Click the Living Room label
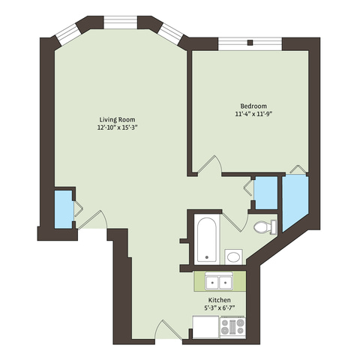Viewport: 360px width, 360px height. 117,119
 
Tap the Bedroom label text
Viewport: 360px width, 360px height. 253,106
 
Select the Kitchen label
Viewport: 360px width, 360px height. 220,300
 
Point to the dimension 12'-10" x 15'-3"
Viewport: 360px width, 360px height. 118,127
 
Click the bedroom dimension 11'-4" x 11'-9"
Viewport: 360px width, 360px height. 253,114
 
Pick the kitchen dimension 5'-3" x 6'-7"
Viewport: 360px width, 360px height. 220,307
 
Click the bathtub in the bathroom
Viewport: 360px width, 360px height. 207,240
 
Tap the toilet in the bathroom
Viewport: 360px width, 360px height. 265,227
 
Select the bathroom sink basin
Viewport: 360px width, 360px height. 233,256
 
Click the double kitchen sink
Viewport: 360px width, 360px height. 219,281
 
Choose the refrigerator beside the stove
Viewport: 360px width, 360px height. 206,327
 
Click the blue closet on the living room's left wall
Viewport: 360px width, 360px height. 64,209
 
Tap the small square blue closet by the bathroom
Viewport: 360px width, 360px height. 266,193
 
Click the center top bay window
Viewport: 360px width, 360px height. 121,22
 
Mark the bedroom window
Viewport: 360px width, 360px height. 250,44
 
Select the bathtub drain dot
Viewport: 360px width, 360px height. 207,257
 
